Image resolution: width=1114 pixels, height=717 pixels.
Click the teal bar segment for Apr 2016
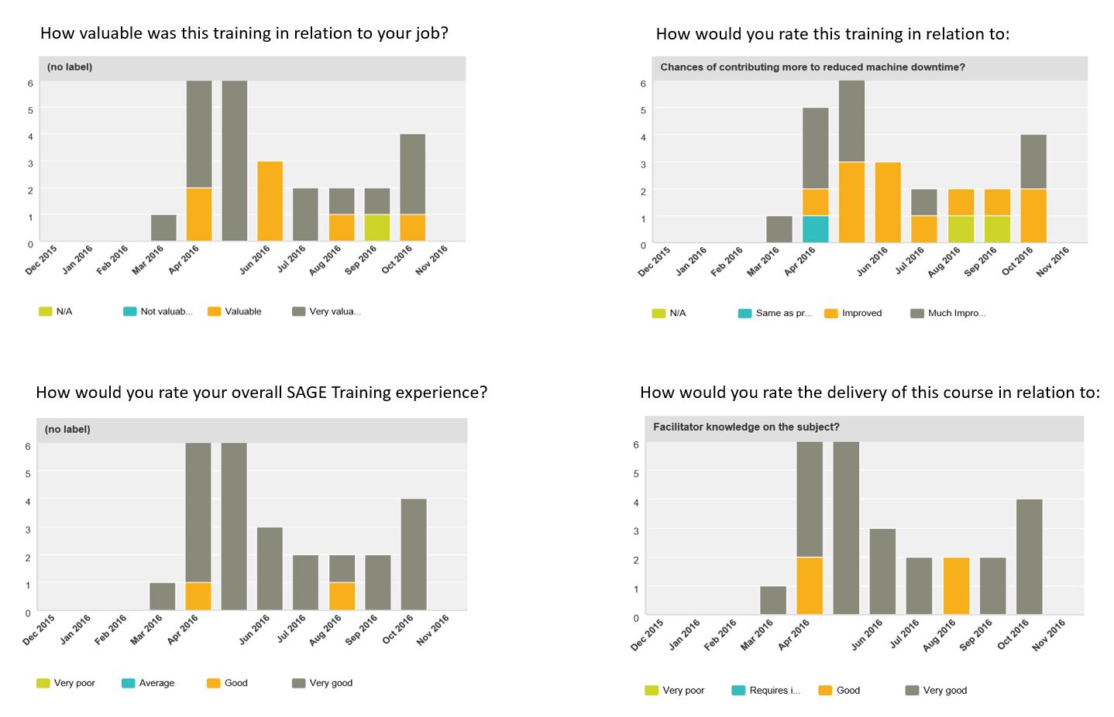pyautogui.click(x=815, y=229)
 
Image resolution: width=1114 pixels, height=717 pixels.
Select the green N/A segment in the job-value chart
pyautogui.click(x=377, y=228)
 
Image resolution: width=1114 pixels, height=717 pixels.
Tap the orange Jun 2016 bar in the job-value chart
pyautogui.click(x=270, y=201)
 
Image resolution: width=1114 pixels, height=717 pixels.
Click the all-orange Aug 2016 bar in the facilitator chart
pyautogui.click(x=956, y=586)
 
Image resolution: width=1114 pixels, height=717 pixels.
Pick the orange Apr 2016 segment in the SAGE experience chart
pyautogui.click(x=198, y=596)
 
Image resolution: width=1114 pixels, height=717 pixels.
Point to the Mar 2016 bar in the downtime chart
pyautogui.click(x=779, y=229)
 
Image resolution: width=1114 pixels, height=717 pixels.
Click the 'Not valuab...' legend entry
pyautogui.click(x=158, y=311)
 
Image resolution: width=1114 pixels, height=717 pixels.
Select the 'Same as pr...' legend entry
pyautogui.click(x=775, y=313)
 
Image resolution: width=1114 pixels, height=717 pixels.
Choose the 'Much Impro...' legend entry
pyautogui.click(x=948, y=313)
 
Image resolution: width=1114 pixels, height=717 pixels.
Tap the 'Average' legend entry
pyautogui.click(x=148, y=683)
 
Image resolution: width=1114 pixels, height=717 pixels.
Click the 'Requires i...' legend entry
pyautogui.click(x=766, y=690)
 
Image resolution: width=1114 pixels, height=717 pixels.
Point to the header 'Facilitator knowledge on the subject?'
pyautogui.click(x=746, y=427)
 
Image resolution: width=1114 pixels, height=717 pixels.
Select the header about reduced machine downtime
pyautogui.click(x=812, y=67)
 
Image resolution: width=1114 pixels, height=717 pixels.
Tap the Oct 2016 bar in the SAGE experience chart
pyautogui.click(x=414, y=554)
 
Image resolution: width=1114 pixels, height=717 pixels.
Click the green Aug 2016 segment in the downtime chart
pyautogui.click(x=961, y=229)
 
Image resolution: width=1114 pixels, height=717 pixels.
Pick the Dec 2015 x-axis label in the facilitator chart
pyautogui.click(x=648, y=635)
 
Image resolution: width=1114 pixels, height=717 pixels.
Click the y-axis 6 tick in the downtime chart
pyautogui.click(x=642, y=84)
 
